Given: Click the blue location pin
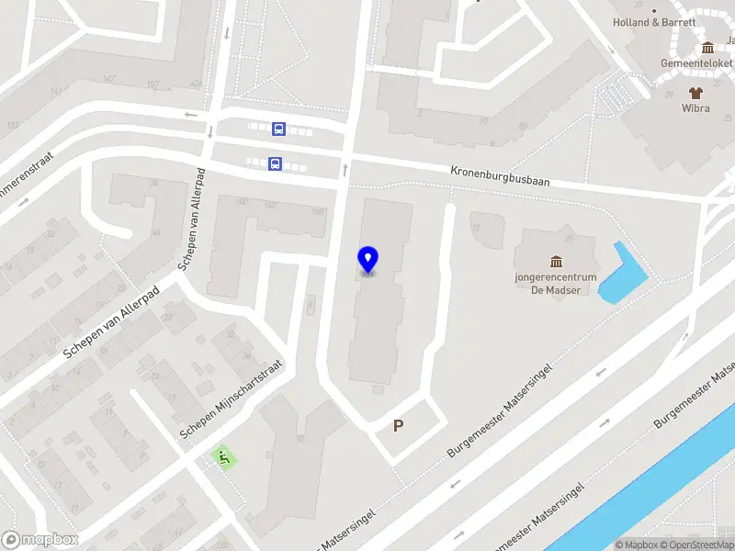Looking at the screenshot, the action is [367, 260].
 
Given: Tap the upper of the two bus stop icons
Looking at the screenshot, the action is [278, 129].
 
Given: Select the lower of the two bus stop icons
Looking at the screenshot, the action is [274, 163].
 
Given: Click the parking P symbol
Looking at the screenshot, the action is [399, 425].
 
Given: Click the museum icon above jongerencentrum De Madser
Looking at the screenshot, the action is [556, 263].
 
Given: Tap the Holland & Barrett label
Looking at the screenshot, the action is [655, 23].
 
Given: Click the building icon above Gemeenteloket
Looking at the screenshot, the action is [707, 48].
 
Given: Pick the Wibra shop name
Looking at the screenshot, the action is [695, 107].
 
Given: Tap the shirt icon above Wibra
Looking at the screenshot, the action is [695, 92].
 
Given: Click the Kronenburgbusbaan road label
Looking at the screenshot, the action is [500, 176].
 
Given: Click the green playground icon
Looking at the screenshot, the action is [222, 455].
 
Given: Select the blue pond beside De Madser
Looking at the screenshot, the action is [621, 273].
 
